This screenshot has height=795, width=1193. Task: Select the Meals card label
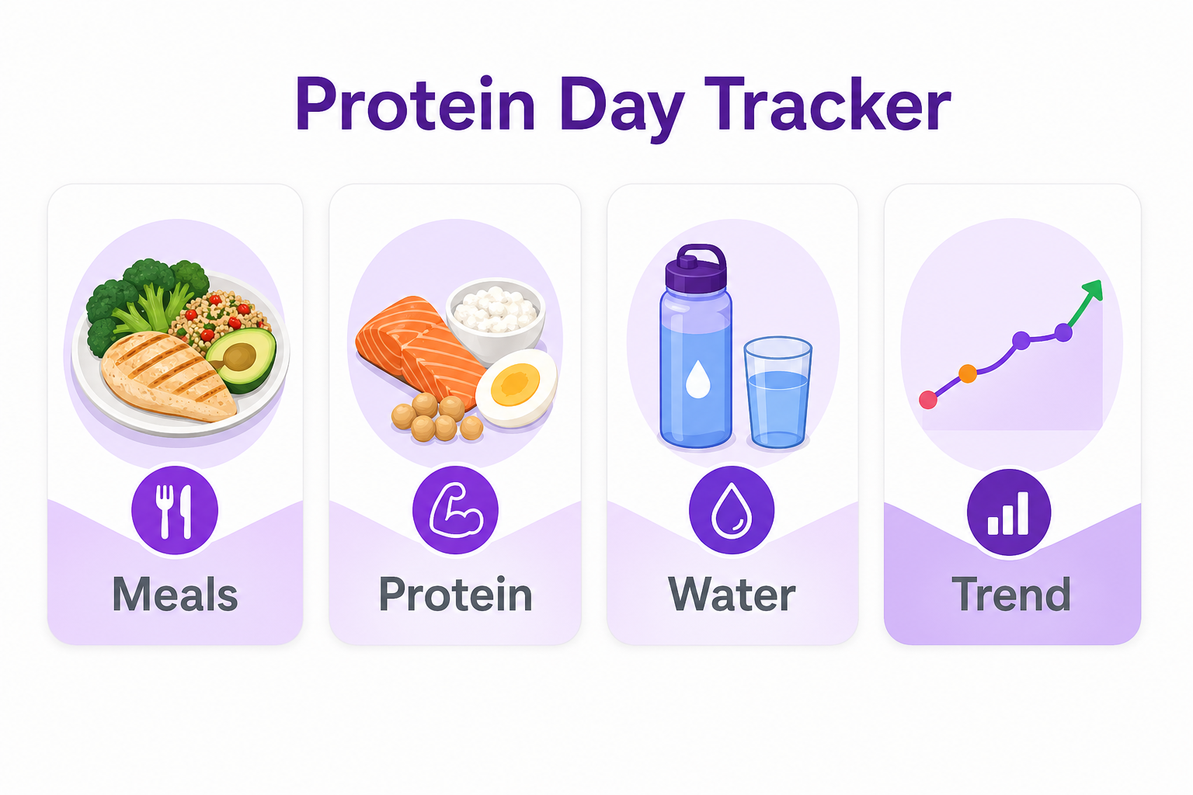pyautogui.click(x=175, y=595)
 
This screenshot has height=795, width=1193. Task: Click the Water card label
pyautogui.click(x=732, y=595)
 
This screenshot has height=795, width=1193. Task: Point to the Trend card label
pyautogui.click(x=1011, y=595)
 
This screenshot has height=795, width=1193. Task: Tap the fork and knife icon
pyautogui.click(x=175, y=512)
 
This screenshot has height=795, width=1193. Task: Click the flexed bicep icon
pyautogui.click(x=455, y=512)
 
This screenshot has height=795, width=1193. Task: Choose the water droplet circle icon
pyautogui.click(x=731, y=512)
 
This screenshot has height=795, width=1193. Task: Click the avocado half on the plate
pyautogui.click(x=243, y=357)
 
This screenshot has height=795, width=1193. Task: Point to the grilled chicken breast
pyautogui.click(x=167, y=376)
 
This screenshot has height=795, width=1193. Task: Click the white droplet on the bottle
pyautogui.click(x=698, y=379)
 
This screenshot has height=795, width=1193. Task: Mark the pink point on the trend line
pyautogui.click(x=928, y=400)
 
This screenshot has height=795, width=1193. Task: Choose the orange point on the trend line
pyautogui.click(x=967, y=374)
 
